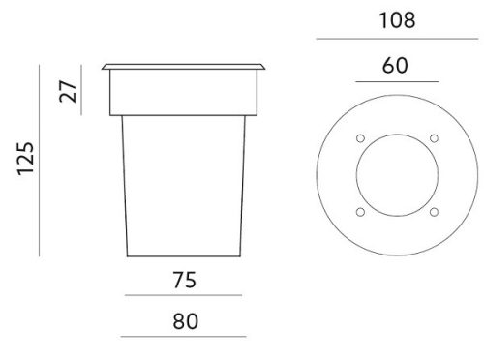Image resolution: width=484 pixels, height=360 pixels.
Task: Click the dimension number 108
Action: tap(397, 20)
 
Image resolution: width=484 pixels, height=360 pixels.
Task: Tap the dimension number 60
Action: tap(395, 65)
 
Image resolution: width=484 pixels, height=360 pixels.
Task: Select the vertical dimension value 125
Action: tap(25, 159)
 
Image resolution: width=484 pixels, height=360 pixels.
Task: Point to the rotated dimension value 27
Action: tap(68, 91)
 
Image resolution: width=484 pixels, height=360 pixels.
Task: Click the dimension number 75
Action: tap(184, 280)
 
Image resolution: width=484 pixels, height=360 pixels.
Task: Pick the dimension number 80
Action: tap(185, 321)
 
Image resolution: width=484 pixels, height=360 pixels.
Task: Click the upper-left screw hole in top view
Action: tap(360, 138)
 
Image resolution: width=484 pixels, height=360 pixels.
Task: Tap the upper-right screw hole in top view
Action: tap(434, 138)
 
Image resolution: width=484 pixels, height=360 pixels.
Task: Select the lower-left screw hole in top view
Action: tap(360, 212)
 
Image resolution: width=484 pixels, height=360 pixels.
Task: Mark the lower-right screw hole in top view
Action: tap(434, 212)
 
